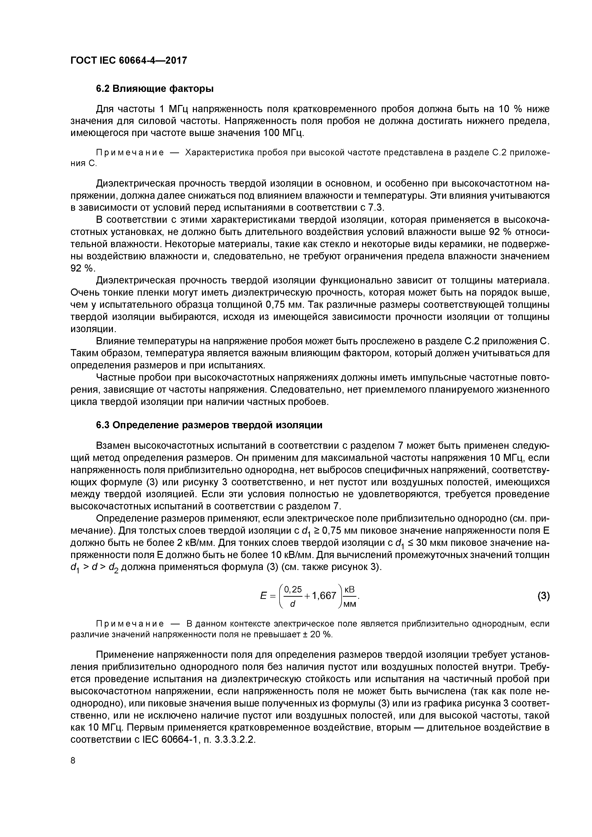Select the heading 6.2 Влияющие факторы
point(155,89)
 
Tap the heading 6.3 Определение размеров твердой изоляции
point(209,425)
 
